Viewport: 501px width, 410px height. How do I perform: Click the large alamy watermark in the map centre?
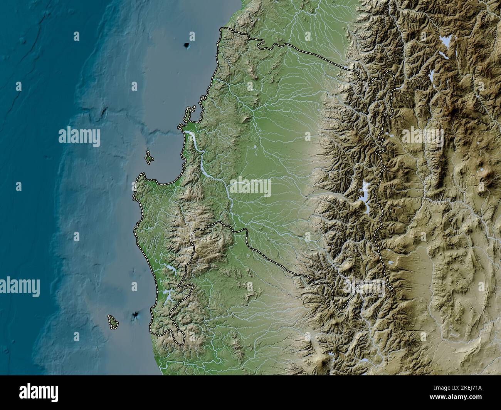pos(250,187)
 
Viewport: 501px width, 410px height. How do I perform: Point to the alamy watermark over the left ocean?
pos(79,136)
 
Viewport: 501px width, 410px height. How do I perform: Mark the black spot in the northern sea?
pos(188,46)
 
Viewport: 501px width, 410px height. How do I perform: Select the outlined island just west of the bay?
pos(149,158)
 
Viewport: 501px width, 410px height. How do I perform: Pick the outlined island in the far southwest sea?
pos(112,322)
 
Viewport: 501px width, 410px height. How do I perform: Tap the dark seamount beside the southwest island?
pos(136,316)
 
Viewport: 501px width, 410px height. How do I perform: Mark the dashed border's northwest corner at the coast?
pos(221,29)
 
